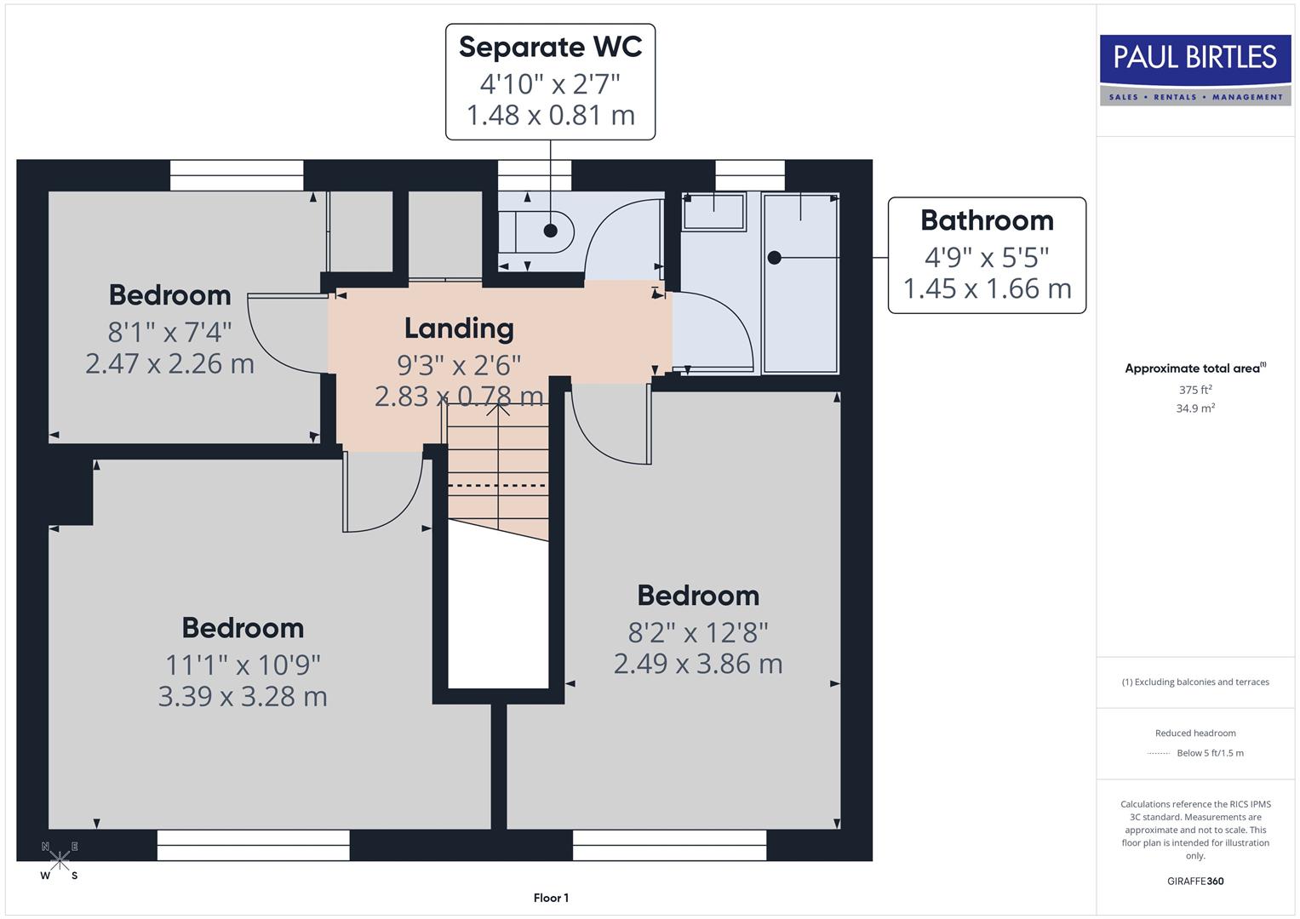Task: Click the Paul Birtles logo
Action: (1195, 70)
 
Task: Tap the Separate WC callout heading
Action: (550, 47)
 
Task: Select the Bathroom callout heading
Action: (987, 220)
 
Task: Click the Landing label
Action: (459, 328)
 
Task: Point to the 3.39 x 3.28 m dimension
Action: (243, 697)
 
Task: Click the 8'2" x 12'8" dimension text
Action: (698, 632)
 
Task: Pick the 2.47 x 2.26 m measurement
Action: (169, 364)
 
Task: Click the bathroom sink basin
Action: (713, 211)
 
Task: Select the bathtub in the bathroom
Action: (800, 283)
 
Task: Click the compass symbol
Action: (60, 860)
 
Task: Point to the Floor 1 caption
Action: (551, 898)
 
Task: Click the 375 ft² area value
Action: (1195, 390)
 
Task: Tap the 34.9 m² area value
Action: (1195, 408)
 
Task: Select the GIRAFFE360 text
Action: (1195, 881)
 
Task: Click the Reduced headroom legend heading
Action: (1195, 733)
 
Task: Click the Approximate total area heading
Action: (1194, 368)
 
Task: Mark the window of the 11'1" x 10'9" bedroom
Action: (253, 845)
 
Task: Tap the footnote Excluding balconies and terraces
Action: (1195, 682)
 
